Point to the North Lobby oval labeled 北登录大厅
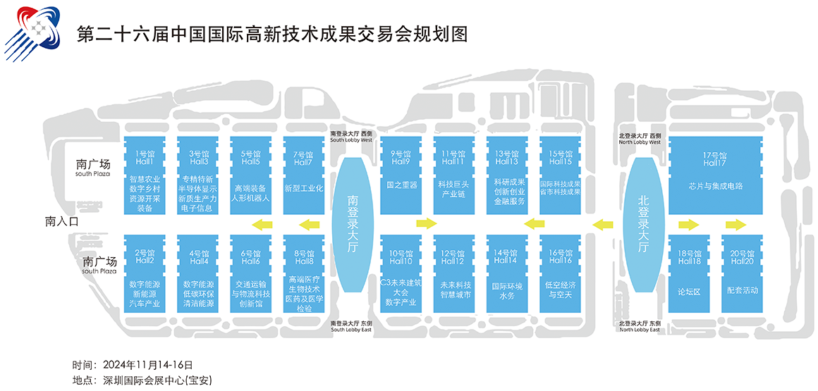(x=643, y=224)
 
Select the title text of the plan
(x=271, y=33)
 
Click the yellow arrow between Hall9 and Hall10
(x=427, y=224)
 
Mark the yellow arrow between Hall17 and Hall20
(x=735, y=225)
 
